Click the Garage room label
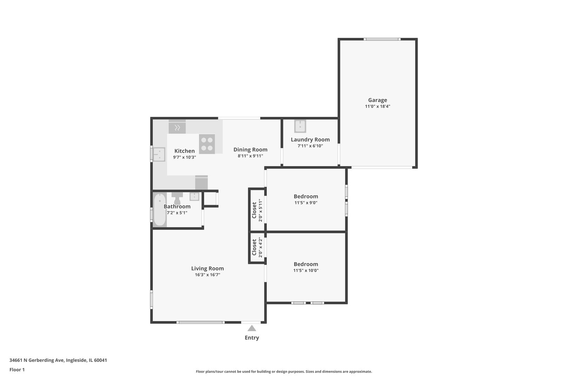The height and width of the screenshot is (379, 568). [377, 100]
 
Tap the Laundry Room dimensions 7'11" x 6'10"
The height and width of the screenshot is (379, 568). [310, 146]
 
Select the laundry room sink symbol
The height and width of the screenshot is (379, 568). [300, 126]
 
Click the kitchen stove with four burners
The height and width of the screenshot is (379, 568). [207, 144]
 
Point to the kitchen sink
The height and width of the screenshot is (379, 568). [159, 154]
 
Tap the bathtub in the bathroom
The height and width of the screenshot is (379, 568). [160, 210]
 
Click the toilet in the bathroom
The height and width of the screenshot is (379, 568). [177, 198]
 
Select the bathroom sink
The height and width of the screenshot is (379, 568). [195, 197]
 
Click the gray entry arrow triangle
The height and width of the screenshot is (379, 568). [252, 328]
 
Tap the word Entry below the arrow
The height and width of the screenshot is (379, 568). [252, 338]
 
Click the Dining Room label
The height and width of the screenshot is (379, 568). [250, 149]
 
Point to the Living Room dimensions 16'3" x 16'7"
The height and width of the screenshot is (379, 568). [208, 275]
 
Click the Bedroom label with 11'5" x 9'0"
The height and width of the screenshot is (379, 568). [306, 196]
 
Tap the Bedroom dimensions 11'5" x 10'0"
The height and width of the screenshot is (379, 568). [306, 270]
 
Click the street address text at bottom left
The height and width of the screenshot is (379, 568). [58, 360]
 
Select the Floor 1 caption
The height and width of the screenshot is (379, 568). [17, 370]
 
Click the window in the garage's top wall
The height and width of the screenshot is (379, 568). [382, 39]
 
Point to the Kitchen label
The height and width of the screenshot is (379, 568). [184, 151]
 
